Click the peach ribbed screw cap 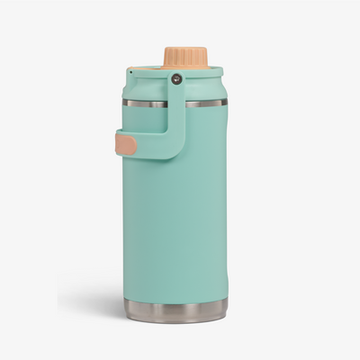tap(184, 57)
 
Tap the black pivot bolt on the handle tap(176, 79)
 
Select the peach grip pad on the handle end tap(126, 145)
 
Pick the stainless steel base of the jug tap(175, 311)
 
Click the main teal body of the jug tap(180, 225)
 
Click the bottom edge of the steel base tap(175, 321)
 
